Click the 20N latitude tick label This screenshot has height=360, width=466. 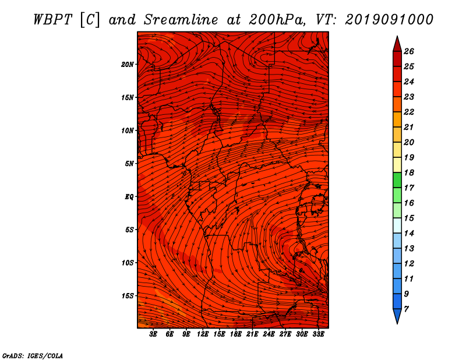(128, 64)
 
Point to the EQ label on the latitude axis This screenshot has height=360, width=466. (129, 197)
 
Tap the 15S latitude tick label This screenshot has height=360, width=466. (128, 296)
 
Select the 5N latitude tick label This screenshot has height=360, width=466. (129, 164)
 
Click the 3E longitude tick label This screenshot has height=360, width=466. (153, 334)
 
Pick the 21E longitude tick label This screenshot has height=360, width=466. (252, 334)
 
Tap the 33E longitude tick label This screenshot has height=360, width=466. (318, 334)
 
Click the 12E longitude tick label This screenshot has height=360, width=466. (202, 334)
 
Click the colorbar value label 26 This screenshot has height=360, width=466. (409, 51)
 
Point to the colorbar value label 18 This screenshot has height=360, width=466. (409, 172)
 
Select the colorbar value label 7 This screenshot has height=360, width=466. (406, 309)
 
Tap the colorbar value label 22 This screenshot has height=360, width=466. (409, 112)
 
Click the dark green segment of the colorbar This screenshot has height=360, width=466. (397, 180)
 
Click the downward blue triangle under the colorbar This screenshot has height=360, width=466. (397, 316)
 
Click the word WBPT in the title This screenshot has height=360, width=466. (53, 20)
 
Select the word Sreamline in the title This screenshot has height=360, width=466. (181, 20)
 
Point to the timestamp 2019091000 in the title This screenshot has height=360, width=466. (389, 20)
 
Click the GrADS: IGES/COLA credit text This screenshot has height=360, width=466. (33, 356)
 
